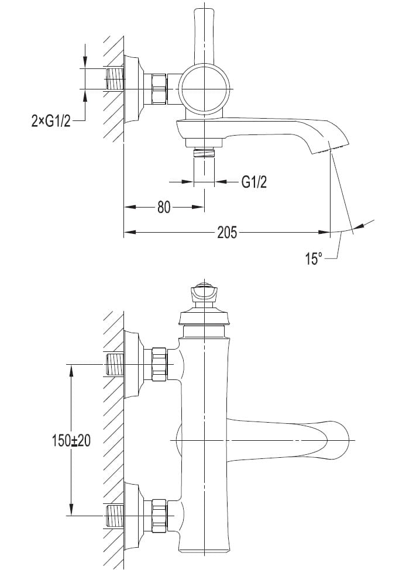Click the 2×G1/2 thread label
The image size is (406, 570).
(51, 120)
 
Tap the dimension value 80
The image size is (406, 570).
(164, 207)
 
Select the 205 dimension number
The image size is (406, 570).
(227, 232)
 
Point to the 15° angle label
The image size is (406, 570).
(314, 258)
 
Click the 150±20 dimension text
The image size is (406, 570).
(71, 441)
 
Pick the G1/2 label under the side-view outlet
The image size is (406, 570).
(254, 181)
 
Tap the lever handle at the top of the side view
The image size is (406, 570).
(205, 34)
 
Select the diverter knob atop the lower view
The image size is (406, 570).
(203, 292)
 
